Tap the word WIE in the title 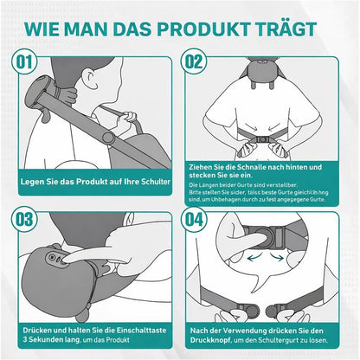(x=50, y=24)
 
